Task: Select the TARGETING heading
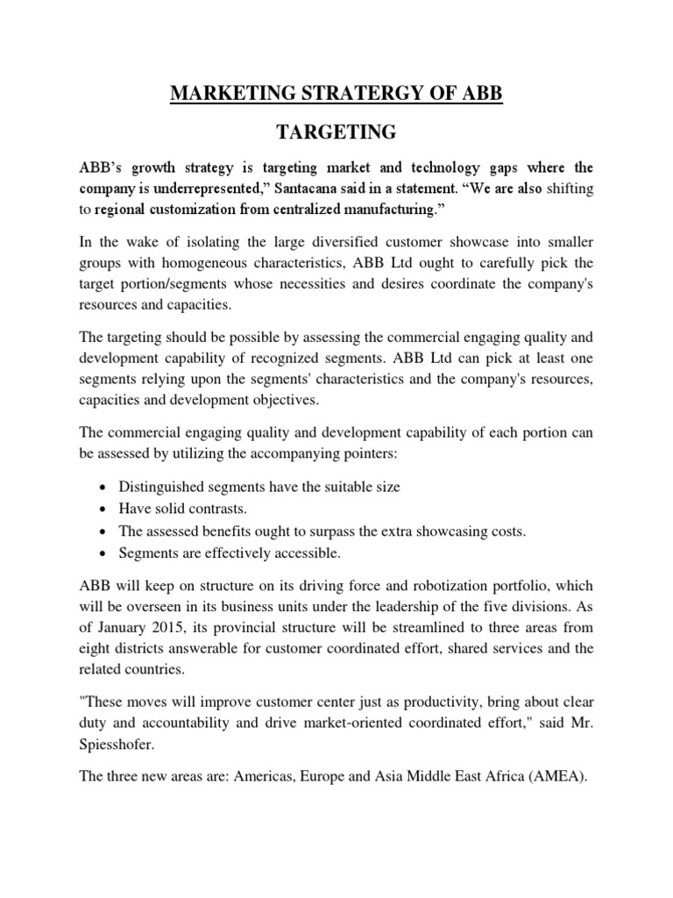[336, 133]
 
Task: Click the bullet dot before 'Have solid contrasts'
[105, 509]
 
